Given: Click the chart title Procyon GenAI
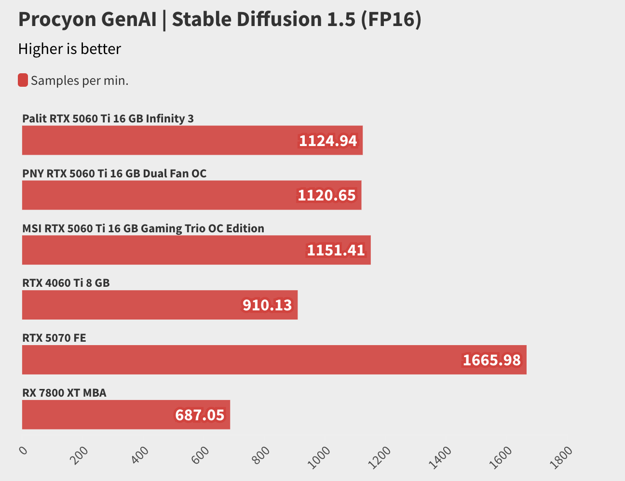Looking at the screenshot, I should [219, 20].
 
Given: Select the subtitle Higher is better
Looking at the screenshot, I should [69, 49].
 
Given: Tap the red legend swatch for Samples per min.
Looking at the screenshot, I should [23, 80].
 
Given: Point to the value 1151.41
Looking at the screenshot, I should [336, 250].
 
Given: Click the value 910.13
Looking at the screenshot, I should [267, 305].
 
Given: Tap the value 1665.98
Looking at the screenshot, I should [491, 360].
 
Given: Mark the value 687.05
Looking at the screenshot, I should [200, 415].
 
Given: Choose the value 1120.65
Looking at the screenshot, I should [326, 195].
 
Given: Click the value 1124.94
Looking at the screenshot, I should [328, 141].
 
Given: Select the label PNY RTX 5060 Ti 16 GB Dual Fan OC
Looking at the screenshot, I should [114, 174].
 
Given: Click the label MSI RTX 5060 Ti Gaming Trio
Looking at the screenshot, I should [143, 228].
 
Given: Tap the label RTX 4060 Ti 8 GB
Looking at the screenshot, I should [66, 283].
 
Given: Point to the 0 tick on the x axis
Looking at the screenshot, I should [23, 451].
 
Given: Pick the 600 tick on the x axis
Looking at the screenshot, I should [201, 455].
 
